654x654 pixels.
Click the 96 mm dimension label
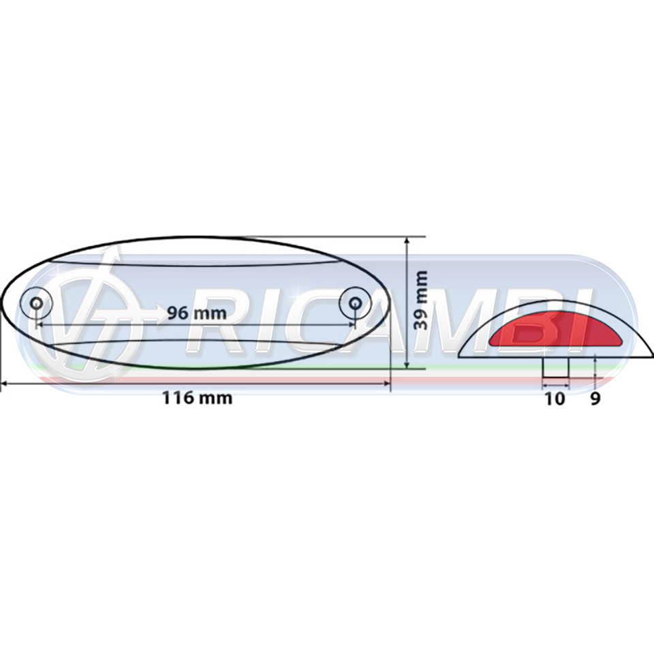(197, 313)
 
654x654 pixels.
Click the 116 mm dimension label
(197, 398)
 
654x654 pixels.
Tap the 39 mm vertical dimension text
(420, 300)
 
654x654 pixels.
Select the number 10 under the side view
(555, 399)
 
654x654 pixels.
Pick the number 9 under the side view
(595, 399)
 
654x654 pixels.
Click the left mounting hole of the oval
(36, 302)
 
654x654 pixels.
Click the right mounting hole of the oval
(355, 302)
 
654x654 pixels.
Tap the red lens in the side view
(556, 328)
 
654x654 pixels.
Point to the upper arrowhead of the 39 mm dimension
(407, 240)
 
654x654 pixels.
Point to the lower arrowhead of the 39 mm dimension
(407, 365)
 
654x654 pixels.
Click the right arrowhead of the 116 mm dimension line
(386, 382)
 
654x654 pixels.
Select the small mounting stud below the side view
(556, 367)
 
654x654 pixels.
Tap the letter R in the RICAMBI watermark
(217, 319)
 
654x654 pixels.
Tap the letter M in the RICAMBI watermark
(452, 319)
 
